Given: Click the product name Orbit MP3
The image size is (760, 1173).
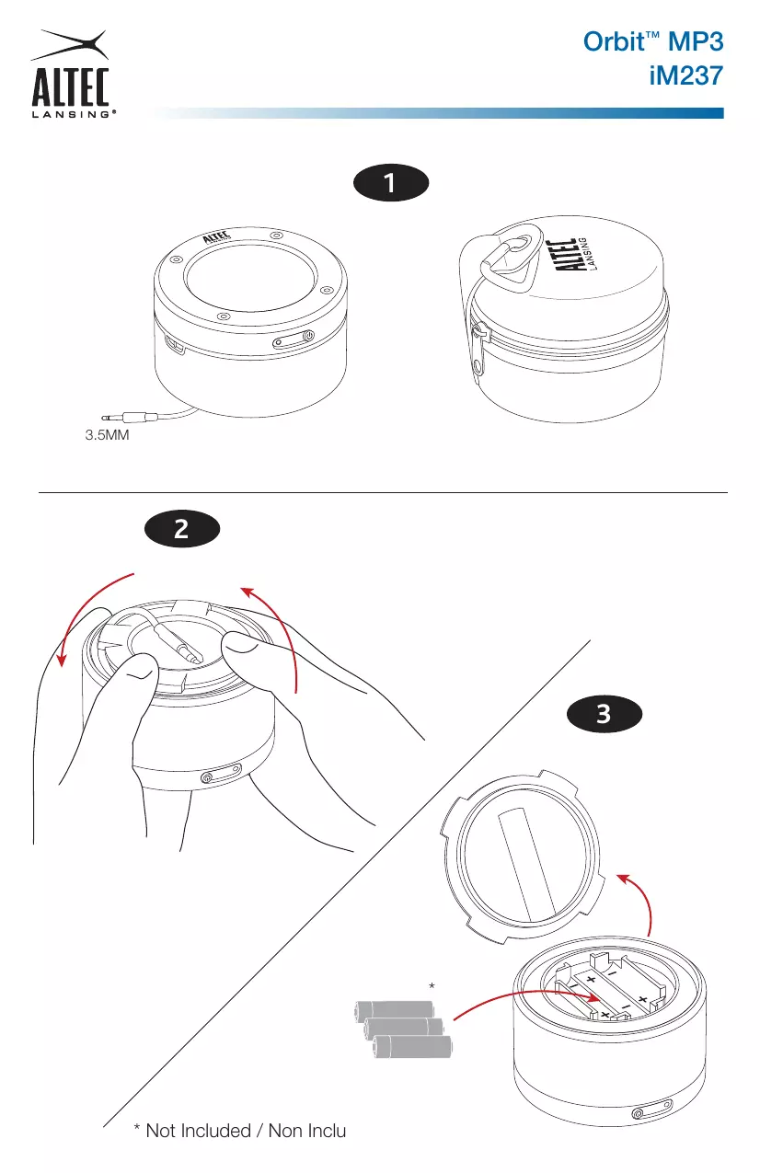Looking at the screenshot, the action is coord(653,41).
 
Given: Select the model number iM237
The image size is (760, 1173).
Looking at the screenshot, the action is coord(686,76).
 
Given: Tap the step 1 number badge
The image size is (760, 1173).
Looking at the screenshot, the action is coord(391,183).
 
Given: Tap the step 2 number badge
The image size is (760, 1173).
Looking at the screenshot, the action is coord(182,529).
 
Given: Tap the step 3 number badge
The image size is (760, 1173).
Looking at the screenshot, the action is coord(605,714).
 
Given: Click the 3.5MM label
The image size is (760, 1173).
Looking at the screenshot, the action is coord(107,435).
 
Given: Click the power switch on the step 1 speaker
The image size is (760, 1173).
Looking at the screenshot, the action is coord(294,339).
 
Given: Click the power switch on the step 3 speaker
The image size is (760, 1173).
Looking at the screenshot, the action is coord(652,1110).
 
